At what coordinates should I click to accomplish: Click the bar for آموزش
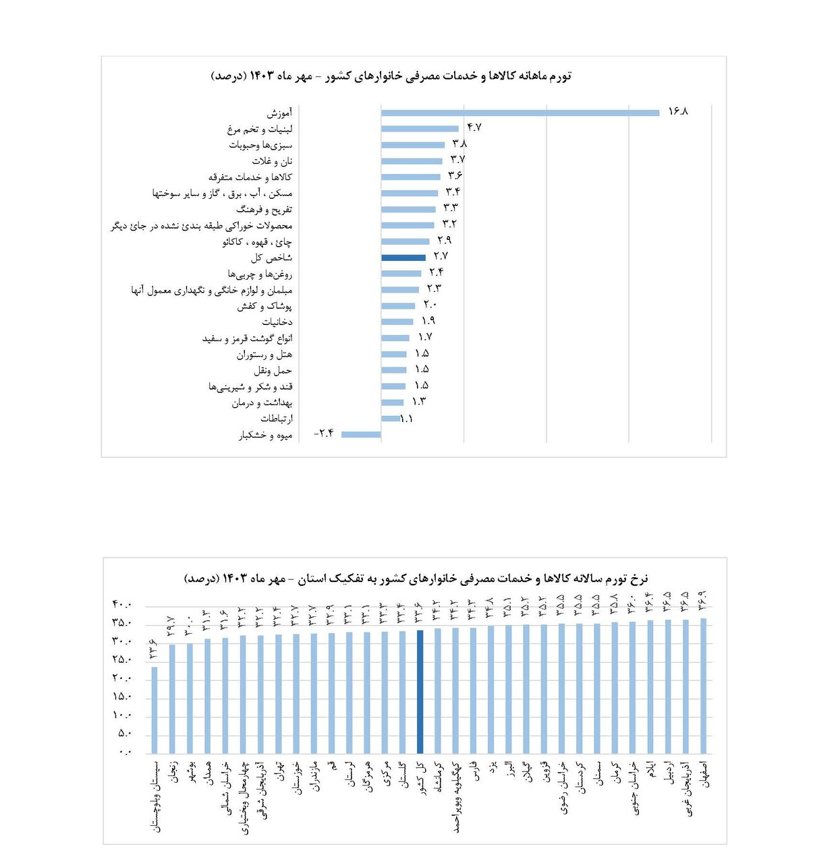point(520,113)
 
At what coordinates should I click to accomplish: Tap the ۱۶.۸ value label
point(677,111)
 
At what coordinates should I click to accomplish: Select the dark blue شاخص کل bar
point(403,258)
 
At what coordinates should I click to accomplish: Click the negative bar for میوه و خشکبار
point(361,435)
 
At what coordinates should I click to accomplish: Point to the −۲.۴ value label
point(324,434)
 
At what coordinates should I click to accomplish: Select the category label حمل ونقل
point(273,371)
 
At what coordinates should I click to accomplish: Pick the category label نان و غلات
point(272,161)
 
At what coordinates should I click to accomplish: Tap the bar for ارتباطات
point(390,419)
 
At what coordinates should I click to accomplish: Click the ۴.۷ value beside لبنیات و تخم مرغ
point(474,127)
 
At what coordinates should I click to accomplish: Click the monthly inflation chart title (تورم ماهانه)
point(391,76)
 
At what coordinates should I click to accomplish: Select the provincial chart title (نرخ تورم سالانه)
point(416,578)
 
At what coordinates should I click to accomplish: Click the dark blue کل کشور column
point(420,691)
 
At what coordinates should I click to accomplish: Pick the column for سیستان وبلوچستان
point(155,709)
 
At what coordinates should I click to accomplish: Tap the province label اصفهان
point(705,774)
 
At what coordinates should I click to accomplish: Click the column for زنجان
point(172,698)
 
